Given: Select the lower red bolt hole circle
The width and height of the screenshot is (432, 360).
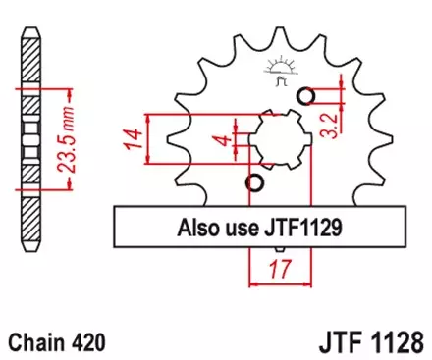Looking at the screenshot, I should [256, 183].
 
